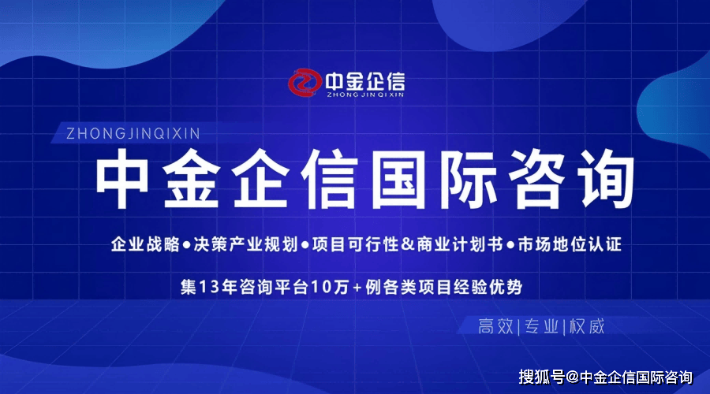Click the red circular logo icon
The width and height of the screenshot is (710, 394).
pyautogui.click(x=305, y=82)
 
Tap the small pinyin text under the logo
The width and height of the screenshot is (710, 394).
pyautogui.click(x=365, y=95)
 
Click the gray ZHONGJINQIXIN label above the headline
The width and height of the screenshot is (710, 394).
pyautogui.click(x=133, y=133)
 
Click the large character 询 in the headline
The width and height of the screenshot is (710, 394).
pyautogui.click(x=607, y=179)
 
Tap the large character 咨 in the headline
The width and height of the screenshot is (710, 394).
pyautogui.click(x=536, y=179)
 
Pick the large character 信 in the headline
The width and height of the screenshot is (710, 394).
pyautogui.click(x=329, y=179)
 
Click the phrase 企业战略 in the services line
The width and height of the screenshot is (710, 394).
pyautogui.click(x=145, y=244)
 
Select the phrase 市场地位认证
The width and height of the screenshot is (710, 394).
pyautogui.click(x=570, y=244)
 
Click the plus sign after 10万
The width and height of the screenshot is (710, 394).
pyautogui.click(x=357, y=288)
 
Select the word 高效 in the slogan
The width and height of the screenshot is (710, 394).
pyautogui.click(x=496, y=326)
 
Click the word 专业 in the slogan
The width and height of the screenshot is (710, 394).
pyautogui.click(x=541, y=326)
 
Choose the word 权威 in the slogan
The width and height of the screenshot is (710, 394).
pyautogui.click(x=587, y=326)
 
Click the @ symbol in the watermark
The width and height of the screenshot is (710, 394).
pyautogui.click(x=573, y=377)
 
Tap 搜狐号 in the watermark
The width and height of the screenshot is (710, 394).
pyautogui.click(x=541, y=377)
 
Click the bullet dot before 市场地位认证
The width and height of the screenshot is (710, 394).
pyautogui.click(x=510, y=246)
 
